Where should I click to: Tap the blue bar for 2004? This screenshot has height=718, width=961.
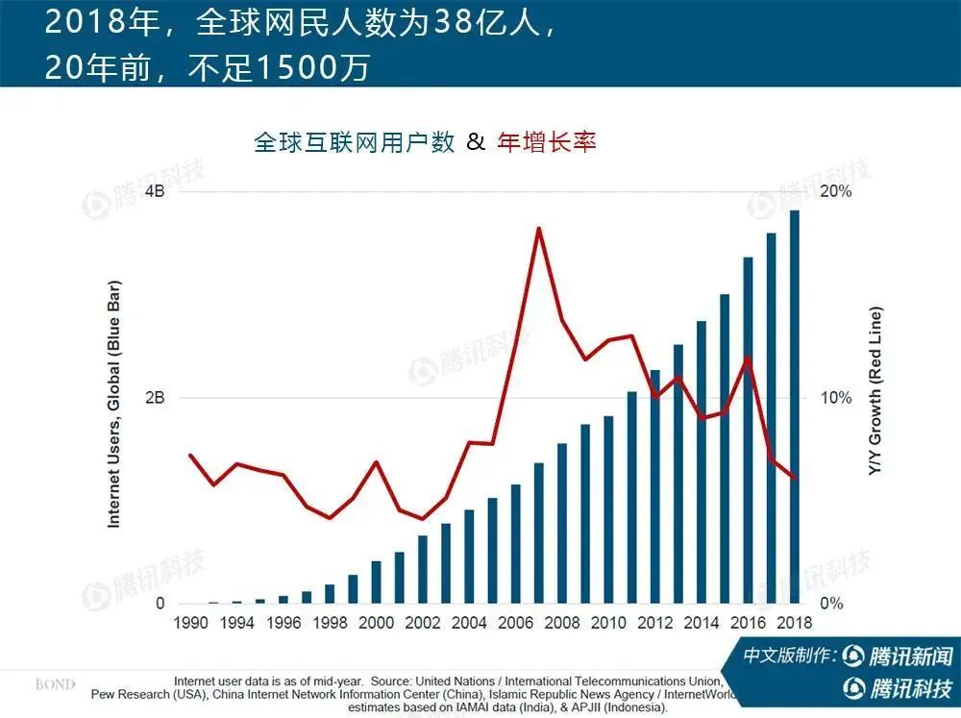click(x=469, y=557)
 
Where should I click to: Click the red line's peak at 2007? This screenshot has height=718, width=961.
click(x=539, y=229)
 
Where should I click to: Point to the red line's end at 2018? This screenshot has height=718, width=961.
click(x=795, y=478)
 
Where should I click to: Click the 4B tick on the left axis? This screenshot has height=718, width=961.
click(x=155, y=191)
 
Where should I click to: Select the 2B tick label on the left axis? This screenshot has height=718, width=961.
click(x=155, y=398)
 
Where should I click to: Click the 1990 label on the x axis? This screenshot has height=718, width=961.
click(x=190, y=623)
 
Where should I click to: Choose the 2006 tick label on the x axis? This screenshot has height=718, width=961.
click(x=515, y=623)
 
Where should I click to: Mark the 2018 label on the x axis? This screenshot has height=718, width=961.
click(x=793, y=623)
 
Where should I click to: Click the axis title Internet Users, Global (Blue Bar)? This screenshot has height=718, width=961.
click(x=113, y=404)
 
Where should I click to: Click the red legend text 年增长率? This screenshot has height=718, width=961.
click(x=547, y=142)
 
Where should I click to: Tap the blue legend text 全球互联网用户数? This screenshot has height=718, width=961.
click(x=354, y=142)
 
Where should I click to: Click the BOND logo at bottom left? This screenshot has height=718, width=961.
click(x=56, y=684)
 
